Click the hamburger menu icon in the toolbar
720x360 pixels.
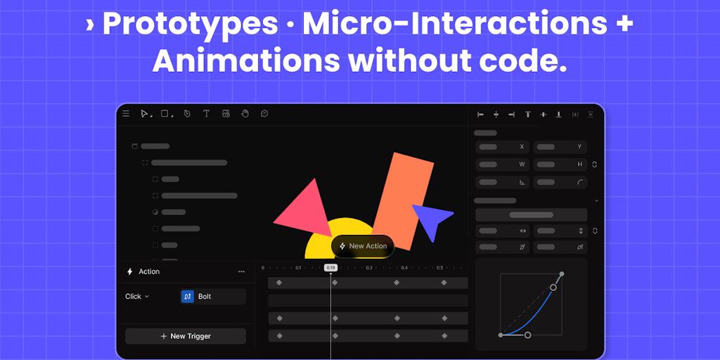(x=126, y=113)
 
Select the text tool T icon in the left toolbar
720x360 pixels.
(x=206, y=113)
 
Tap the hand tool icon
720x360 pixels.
(x=245, y=113)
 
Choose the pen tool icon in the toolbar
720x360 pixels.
(x=187, y=113)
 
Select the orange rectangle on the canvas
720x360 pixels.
(x=404, y=201)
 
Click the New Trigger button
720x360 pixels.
(x=186, y=336)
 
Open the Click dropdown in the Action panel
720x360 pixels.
(x=137, y=296)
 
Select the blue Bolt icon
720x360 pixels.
(x=187, y=297)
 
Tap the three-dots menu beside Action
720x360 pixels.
(x=242, y=272)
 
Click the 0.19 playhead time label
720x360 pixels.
(x=330, y=268)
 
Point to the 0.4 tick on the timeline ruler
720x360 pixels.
(x=404, y=268)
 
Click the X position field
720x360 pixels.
(x=502, y=147)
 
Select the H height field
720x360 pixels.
(x=560, y=165)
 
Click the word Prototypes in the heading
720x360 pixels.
(x=190, y=25)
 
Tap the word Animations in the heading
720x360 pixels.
(x=246, y=61)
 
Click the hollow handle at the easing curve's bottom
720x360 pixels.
(x=527, y=335)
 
